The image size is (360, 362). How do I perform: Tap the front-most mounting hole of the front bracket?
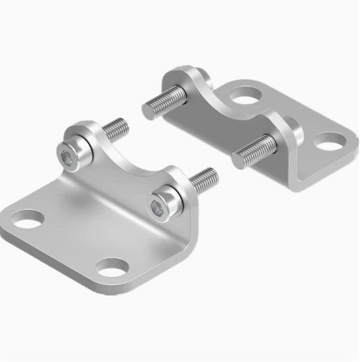click(110, 266)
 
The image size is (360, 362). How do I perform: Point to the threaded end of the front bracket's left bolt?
click(116, 126)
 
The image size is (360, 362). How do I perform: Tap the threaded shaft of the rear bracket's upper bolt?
click(165, 101)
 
